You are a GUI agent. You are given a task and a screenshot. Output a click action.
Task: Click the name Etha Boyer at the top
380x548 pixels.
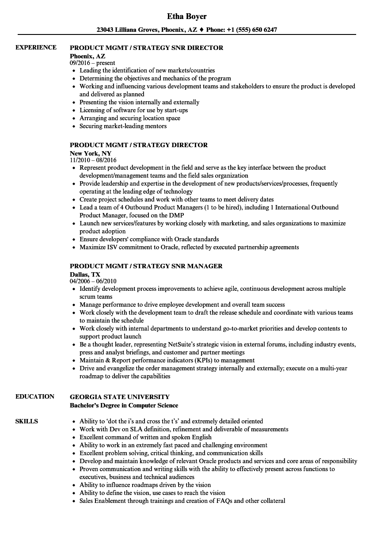pyautogui.click(x=187, y=16)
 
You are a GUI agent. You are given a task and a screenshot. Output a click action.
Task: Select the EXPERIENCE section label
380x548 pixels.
pyautogui.click(x=36, y=47)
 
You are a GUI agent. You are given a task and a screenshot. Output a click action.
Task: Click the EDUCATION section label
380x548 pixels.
pyautogui.click(x=35, y=396)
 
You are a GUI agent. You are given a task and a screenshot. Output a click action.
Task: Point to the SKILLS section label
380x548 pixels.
pyautogui.click(x=27, y=421)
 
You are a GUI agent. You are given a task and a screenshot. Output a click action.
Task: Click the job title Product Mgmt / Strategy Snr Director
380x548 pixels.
pyautogui.click(x=147, y=48)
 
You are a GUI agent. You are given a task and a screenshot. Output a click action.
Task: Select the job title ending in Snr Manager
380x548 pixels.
pyautogui.click(x=146, y=266)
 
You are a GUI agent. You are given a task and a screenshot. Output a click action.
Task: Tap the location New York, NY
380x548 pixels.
pyautogui.click(x=91, y=153)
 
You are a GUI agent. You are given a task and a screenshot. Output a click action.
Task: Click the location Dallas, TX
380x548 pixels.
pyautogui.click(x=85, y=274)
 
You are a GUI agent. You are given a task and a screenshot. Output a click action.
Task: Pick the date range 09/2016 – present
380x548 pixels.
pyautogui.click(x=92, y=63)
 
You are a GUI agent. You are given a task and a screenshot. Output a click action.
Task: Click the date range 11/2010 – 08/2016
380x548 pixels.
pyautogui.click(x=93, y=160)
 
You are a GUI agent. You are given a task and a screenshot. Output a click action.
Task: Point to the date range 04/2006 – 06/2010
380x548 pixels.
pyautogui.click(x=93, y=281)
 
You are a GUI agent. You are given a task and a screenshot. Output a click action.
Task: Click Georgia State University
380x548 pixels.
pyautogui.click(x=120, y=397)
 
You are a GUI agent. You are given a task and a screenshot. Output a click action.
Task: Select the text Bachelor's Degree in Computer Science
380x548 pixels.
pyautogui.click(x=124, y=405)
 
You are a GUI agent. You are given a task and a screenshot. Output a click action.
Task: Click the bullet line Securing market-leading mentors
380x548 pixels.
pyautogui.click(x=123, y=126)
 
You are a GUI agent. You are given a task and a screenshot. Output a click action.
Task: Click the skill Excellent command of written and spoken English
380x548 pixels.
pyautogui.click(x=145, y=437)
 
